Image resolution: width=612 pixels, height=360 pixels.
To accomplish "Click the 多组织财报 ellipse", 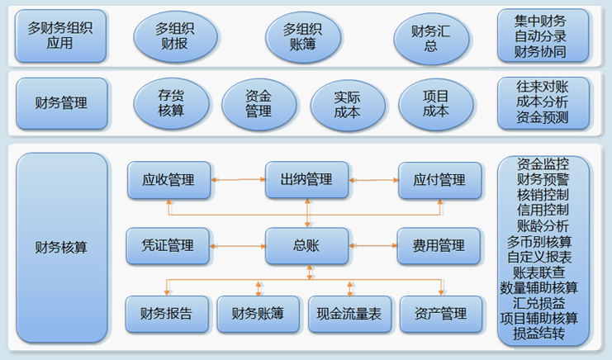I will tap(176, 36).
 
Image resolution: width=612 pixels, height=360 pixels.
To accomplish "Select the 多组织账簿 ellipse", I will tap(302, 36).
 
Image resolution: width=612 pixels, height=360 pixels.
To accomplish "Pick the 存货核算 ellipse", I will tap(171, 103).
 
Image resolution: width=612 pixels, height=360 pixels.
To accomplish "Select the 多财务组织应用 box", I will tap(60, 36).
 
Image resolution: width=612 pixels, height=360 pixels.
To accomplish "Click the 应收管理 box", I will tap(168, 180).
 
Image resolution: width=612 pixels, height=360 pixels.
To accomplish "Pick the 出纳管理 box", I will tap(306, 180).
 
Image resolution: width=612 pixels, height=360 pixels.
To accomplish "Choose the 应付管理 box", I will tap(440, 180).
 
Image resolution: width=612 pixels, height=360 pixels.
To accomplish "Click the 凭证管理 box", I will tap(168, 245).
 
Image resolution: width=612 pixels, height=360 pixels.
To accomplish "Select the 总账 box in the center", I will tap(306, 245).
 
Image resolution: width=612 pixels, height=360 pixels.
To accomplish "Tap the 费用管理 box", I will tap(440, 245).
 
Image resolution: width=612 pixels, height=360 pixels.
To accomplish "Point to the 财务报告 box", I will tap(167, 313).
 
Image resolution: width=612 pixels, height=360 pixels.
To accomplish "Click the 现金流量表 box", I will tap(349, 314).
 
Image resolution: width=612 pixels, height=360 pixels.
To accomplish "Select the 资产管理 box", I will tap(441, 314).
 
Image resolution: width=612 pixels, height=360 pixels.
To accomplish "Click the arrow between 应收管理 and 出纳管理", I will tap(238, 179).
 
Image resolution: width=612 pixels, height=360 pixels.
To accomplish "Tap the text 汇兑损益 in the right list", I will tap(543, 303).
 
